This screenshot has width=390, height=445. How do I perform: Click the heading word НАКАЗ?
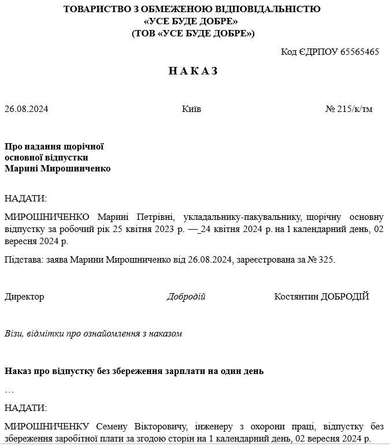pos(193,71)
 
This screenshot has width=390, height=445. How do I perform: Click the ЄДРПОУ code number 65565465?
pos(359,52)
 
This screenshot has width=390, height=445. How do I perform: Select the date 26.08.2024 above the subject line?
pos(27,109)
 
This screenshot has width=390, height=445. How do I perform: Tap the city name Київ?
pos(191,109)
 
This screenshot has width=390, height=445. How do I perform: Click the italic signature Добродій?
pos(186,297)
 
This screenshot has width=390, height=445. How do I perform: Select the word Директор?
pos(24,297)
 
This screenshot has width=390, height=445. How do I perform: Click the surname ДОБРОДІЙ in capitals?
pos(345,297)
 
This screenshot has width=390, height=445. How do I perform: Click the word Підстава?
pos(23,260)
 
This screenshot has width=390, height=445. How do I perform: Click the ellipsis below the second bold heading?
pos(9,391)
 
